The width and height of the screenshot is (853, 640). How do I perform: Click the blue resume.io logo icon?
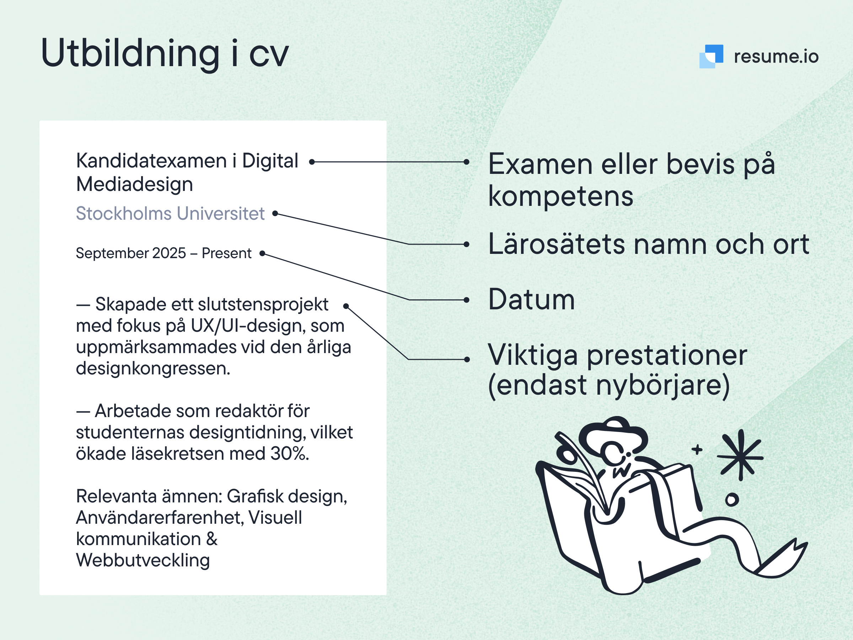point(711,56)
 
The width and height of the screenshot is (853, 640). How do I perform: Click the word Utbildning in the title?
point(130,54)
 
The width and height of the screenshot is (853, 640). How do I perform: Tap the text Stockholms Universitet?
point(170,213)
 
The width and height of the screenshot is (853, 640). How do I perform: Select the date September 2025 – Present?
point(163,253)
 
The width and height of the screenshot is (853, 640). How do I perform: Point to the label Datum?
point(531,299)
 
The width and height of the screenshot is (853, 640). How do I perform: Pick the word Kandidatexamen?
point(151,160)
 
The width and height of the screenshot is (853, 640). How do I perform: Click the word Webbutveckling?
point(143,560)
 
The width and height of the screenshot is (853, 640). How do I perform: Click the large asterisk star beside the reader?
point(740,455)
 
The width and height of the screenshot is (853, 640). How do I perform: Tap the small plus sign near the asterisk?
point(697,449)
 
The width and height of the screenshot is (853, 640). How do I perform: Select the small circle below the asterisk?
point(732,500)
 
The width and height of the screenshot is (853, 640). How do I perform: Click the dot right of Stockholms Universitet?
point(275,213)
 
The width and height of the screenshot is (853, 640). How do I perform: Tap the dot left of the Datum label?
point(467,300)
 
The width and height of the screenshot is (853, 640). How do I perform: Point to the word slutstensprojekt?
point(263,305)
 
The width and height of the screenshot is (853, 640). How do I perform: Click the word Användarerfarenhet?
point(160,518)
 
